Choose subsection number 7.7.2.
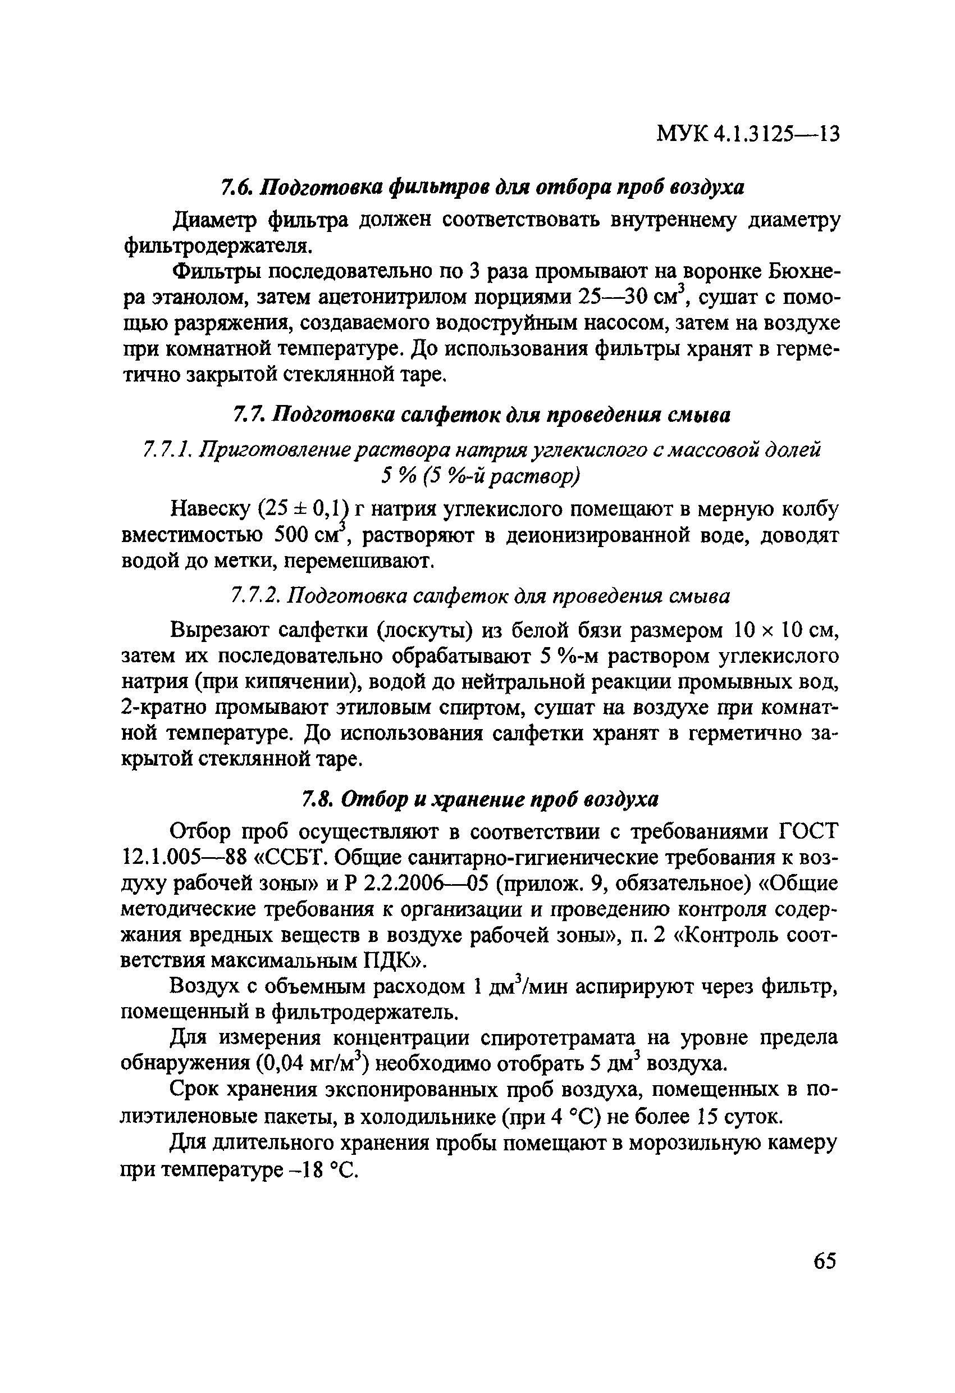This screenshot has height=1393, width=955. point(255,597)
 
